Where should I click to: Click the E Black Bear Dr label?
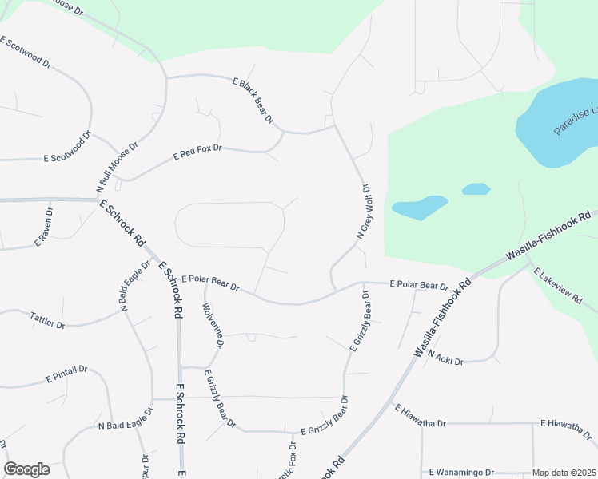tap(253, 101)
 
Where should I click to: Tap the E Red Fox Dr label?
tap(197, 153)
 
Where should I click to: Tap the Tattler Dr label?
tap(47, 320)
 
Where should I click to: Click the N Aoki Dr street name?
tap(445, 358)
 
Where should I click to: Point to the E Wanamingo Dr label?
tap(463, 472)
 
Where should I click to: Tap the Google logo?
tap(26, 469)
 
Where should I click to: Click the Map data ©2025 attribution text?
tap(564, 473)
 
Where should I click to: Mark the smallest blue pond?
tap(476, 189)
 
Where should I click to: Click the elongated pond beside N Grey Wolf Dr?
tap(419, 208)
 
